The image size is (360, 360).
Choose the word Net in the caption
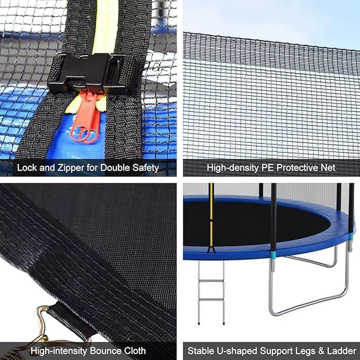[328, 168]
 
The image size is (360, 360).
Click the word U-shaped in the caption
[238, 350]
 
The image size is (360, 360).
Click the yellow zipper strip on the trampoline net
[212, 217]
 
